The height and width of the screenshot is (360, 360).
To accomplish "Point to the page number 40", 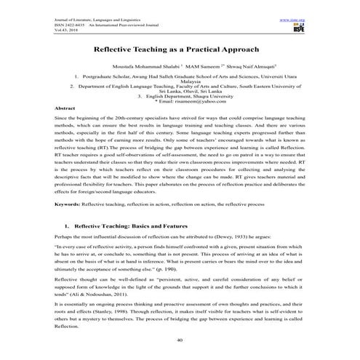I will click(180, 340).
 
